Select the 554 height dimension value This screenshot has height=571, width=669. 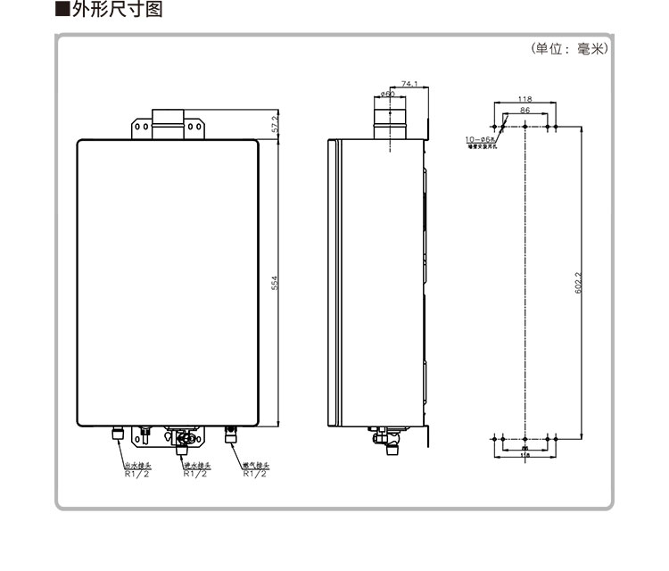(276, 282)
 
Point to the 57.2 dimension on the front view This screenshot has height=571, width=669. (276, 124)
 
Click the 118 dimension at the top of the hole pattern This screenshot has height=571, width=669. (525, 99)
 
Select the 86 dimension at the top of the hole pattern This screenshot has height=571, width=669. (525, 110)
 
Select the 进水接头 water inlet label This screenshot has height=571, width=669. (195, 465)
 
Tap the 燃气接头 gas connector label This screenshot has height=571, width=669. (254, 465)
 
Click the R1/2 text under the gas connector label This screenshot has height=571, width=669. (254, 474)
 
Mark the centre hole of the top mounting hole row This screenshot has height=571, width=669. (525, 127)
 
